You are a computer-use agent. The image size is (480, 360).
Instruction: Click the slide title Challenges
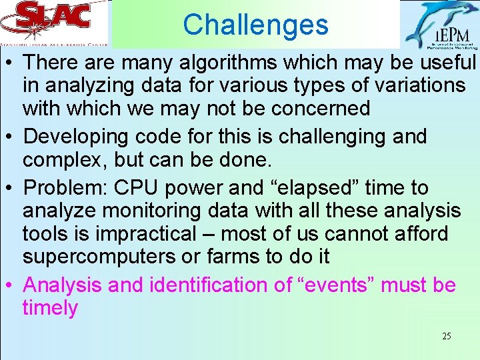(255, 25)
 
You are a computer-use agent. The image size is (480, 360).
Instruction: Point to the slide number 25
(446, 336)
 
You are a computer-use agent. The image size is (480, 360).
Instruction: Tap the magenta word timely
(50, 308)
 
